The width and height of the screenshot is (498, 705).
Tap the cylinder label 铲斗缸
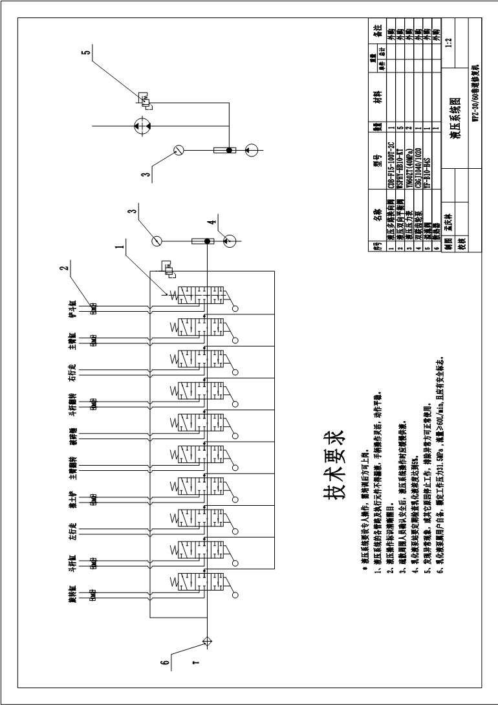pos(73,309)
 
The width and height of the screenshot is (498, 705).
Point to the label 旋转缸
pos(73,594)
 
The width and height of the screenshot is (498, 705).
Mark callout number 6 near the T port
pos(166,662)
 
